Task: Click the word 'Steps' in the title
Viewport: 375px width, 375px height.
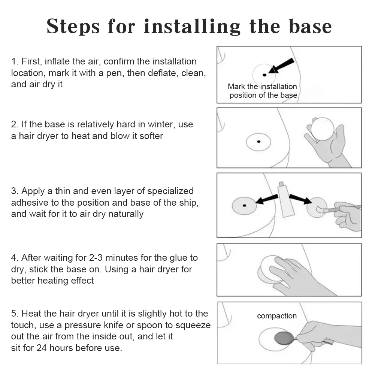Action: [x=73, y=26]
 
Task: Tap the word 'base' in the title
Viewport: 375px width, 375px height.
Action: [x=310, y=26]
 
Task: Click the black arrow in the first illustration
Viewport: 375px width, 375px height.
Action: [x=281, y=66]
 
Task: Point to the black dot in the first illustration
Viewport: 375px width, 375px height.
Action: [x=264, y=75]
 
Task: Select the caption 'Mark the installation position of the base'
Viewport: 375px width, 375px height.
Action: [x=263, y=91]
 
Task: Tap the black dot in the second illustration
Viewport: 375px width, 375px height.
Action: [x=258, y=142]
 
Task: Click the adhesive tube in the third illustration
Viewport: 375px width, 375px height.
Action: [x=285, y=199]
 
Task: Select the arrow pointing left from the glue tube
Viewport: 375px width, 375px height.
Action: [x=267, y=199]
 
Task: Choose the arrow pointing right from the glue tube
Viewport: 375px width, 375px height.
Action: [x=300, y=199]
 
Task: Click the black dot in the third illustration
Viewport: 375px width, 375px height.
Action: [x=244, y=205]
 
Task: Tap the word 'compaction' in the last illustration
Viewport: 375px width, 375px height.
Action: [x=277, y=316]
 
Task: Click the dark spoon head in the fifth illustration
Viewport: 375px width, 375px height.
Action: [x=284, y=338]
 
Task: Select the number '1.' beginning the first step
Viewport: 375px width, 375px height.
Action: [x=15, y=61]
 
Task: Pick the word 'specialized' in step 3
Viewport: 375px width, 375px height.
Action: [x=170, y=191]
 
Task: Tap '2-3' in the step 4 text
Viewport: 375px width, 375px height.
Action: [x=96, y=258]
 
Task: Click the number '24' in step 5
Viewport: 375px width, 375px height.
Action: [x=41, y=348]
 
